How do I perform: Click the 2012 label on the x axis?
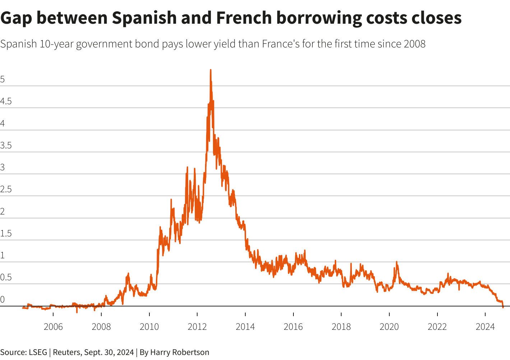click(x=197, y=327)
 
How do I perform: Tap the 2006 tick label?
click(x=53, y=327)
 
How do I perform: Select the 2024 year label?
click(x=485, y=327)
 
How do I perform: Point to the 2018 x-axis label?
click(x=341, y=327)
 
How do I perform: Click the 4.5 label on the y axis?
click(x=6, y=102)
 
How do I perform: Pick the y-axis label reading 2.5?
click(x=6, y=190)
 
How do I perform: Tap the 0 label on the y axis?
click(x=3, y=300)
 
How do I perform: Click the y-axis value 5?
click(x=3, y=80)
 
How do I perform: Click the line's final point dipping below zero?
click(x=503, y=307)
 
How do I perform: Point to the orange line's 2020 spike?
click(x=397, y=262)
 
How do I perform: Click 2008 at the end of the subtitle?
click(x=414, y=44)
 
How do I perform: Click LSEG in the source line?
click(x=38, y=352)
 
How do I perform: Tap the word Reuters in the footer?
click(x=66, y=352)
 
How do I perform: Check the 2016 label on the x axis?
click(x=293, y=327)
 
